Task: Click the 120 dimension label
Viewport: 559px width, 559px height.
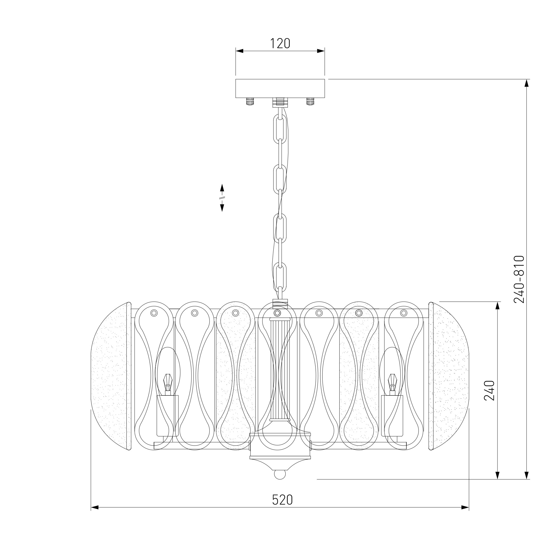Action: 280,43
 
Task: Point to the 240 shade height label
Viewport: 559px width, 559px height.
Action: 489,390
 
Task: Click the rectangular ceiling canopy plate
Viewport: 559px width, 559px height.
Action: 280,88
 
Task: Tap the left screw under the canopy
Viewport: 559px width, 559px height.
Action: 250,101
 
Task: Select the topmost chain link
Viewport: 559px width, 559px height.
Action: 280,128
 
